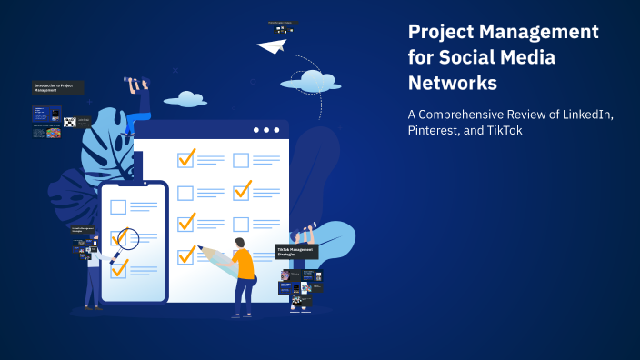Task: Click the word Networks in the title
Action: (x=453, y=82)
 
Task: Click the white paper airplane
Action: (x=271, y=45)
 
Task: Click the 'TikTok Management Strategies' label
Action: (x=296, y=252)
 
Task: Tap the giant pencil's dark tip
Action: (x=198, y=248)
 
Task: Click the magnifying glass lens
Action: (x=127, y=238)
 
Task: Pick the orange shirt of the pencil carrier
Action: (x=243, y=264)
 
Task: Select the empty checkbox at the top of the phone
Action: (x=118, y=206)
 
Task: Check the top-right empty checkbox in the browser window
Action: (x=241, y=161)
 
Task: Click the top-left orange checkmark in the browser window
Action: (x=186, y=159)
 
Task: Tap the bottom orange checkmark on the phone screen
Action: (x=119, y=267)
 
